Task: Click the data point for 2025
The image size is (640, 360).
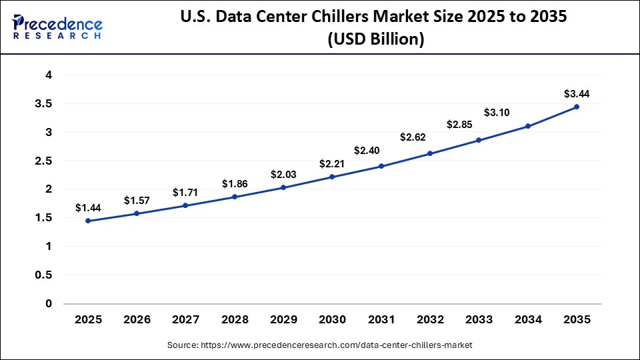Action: point(88,221)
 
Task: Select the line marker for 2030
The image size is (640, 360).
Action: point(332,177)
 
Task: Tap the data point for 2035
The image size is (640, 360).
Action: point(576,107)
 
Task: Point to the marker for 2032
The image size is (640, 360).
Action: point(430,153)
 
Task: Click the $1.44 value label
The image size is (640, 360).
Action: point(88,208)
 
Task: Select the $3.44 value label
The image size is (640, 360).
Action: point(576,93)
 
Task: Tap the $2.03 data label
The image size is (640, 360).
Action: point(283,175)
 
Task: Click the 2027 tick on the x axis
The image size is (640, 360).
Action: point(185,320)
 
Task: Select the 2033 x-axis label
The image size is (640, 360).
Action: point(479,320)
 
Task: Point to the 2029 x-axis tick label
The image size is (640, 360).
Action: point(283,320)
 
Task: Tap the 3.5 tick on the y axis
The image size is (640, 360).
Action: point(44,104)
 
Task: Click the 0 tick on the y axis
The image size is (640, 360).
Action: point(48,304)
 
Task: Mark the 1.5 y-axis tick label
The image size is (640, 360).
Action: point(44,218)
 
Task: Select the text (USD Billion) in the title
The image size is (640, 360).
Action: point(375,39)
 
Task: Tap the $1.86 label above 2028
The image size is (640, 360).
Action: point(235,184)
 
